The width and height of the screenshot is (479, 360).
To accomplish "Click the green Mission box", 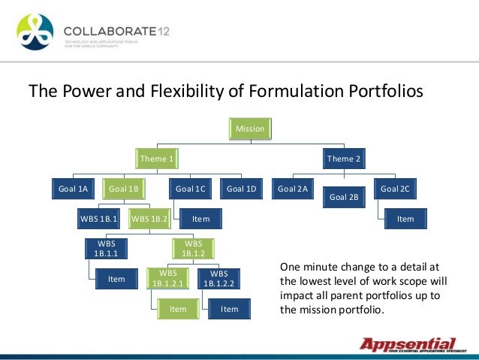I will (250, 129).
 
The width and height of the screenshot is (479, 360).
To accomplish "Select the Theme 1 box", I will (159, 159).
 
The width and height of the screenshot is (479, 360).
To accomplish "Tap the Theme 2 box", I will (344, 159).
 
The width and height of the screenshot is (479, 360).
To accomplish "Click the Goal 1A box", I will (74, 189).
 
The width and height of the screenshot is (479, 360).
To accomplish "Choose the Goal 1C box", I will (191, 189).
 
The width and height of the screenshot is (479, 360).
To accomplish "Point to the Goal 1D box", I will (242, 189).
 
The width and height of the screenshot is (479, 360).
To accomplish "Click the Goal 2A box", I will (293, 189).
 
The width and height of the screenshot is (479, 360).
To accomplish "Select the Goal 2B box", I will (344, 198).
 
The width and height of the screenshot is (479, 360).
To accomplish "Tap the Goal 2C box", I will (395, 189).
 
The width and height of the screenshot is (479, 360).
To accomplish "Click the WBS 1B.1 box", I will (99, 219).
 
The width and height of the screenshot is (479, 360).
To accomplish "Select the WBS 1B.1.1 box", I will (105, 249).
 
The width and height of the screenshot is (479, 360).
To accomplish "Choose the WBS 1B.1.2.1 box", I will (168, 279).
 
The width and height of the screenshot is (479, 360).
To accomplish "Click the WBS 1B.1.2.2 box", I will (219, 279).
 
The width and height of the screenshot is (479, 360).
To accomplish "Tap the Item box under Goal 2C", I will (405, 219).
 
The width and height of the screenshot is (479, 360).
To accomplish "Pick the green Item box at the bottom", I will (178, 309).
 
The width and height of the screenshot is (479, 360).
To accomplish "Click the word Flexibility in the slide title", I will (187, 92).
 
